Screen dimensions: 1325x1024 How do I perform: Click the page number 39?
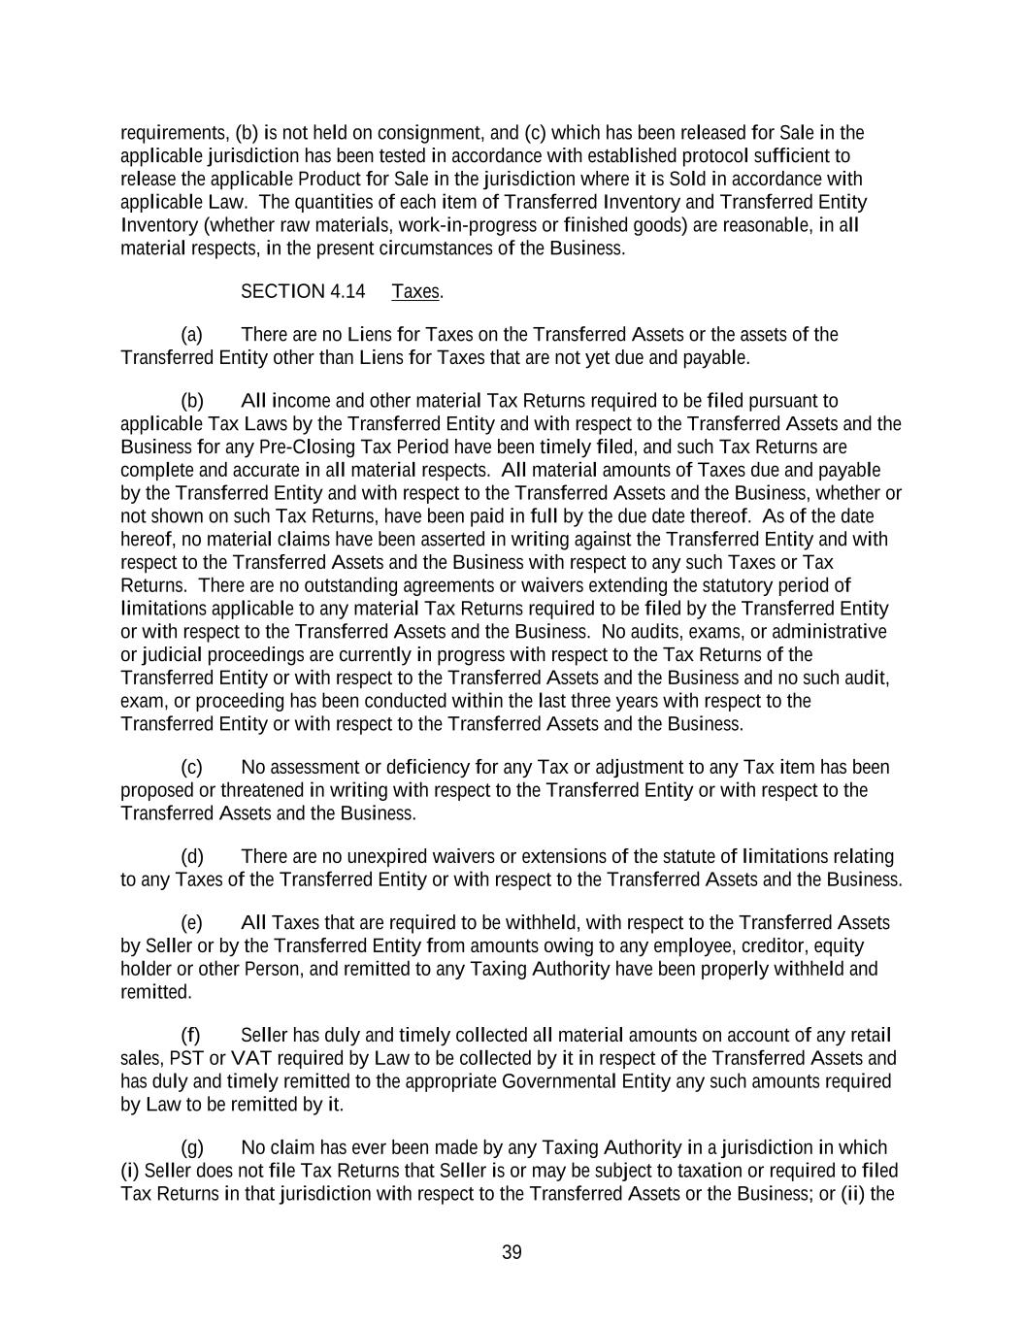pos(512,1252)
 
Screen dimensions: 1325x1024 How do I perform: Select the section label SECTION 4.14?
pos(303,291)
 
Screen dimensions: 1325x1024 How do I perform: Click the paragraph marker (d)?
pos(192,856)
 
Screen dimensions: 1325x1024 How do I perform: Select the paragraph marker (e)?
pos(192,922)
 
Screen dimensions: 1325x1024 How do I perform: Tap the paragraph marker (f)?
pos(191,1035)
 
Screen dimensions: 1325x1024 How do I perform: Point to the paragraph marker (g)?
pos(192,1147)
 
